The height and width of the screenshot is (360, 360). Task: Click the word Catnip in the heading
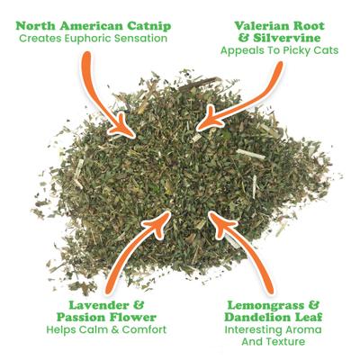tap(144, 24)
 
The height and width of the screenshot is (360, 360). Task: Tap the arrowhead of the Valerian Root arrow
tap(206, 119)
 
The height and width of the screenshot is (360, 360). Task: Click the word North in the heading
tap(35, 24)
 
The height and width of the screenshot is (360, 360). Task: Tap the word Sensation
tap(146, 40)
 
